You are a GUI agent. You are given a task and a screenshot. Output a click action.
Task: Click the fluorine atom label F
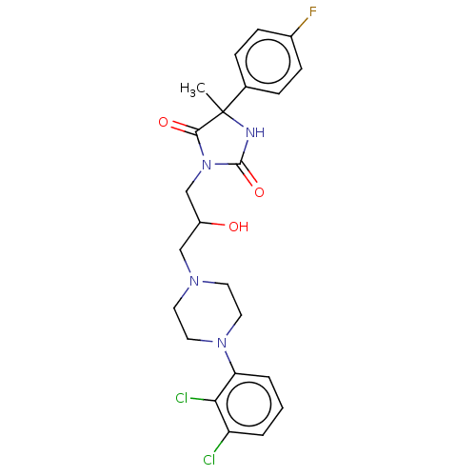click(x=313, y=12)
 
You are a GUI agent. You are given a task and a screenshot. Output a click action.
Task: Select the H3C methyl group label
click(x=192, y=89)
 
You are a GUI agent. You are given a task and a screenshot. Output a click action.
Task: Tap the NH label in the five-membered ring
click(x=255, y=132)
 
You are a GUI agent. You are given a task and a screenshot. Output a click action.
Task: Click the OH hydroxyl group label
click(x=239, y=227)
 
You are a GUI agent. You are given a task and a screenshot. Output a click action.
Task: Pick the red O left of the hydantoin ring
click(x=163, y=122)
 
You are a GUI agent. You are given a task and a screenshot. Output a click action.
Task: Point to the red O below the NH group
click(x=259, y=192)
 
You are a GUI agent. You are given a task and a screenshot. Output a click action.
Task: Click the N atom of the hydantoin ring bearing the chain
click(x=207, y=165)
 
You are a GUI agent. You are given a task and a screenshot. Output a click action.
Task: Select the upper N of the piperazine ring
click(x=194, y=281)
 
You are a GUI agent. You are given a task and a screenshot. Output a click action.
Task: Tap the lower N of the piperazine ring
click(x=222, y=343)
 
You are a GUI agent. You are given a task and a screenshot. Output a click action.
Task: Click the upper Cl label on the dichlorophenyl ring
click(x=182, y=398)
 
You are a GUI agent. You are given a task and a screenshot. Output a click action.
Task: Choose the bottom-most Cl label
click(x=209, y=460)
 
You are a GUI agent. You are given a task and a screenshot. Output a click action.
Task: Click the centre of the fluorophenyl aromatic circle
click(x=268, y=61)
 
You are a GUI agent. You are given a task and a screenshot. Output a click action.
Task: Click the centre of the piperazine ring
click(x=208, y=312)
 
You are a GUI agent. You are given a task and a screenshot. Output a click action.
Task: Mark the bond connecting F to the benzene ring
click(x=300, y=27)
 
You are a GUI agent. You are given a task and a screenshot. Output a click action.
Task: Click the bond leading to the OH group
click(x=212, y=224)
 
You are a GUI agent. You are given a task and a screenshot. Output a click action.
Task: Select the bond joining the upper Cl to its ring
click(x=203, y=400)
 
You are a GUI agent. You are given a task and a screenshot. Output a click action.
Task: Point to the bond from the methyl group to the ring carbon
click(x=215, y=102)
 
